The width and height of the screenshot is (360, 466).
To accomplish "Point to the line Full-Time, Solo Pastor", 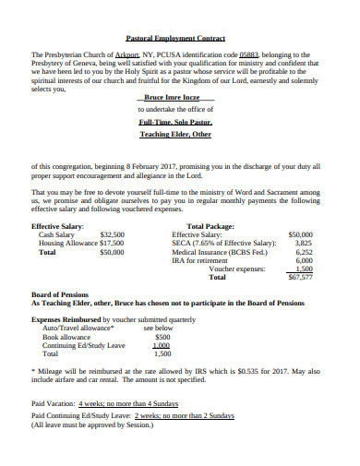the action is coord(175,121).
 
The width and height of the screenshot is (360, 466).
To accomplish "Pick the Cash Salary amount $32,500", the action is coord(112,234).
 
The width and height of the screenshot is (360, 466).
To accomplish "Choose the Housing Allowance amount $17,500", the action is coord(111,243).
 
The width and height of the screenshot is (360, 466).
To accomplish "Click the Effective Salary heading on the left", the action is coord(57,225).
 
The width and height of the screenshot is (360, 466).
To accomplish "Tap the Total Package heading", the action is coord(210,225).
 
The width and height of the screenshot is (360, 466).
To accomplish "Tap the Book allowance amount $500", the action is coord(162,337).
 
